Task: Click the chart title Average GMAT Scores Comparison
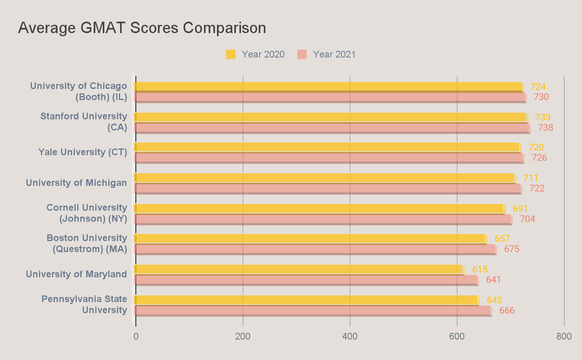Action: tap(142, 28)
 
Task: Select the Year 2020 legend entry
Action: tap(255, 54)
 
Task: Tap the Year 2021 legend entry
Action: tap(326, 54)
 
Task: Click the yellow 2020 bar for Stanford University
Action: tap(331, 117)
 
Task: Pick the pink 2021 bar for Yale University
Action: tap(329, 158)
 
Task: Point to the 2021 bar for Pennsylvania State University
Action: tap(313, 310)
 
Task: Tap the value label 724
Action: tap(538, 87)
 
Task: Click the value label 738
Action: tap(545, 128)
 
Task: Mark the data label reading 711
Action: tap(531, 178)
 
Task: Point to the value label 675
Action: tap(512, 249)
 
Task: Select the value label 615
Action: tap(480, 269)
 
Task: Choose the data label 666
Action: tap(507, 310)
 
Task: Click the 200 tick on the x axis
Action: tap(243, 336)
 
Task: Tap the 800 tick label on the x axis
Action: tap(564, 336)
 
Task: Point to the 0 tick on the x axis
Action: tap(136, 336)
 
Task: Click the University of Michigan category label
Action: tap(76, 183)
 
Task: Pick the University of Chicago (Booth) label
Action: tap(79, 91)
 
